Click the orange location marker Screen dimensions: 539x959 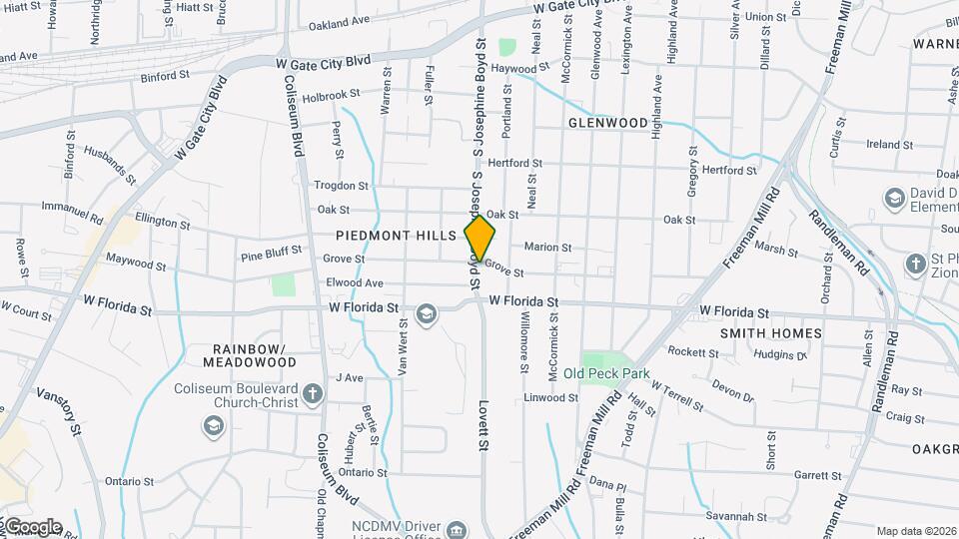click(x=480, y=238)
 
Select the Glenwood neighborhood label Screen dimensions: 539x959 click(x=608, y=123)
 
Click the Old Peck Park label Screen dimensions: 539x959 click(x=606, y=374)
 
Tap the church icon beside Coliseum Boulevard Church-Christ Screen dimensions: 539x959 click(x=313, y=390)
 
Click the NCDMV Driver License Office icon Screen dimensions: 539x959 click(x=457, y=528)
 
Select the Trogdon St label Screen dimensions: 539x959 click(x=342, y=186)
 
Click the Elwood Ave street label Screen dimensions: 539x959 click(x=354, y=283)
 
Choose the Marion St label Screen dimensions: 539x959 click(x=547, y=248)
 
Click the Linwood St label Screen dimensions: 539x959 click(x=550, y=397)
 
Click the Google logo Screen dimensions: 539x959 click(x=32, y=527)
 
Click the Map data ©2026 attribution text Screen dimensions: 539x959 click(x=916, y=531)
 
